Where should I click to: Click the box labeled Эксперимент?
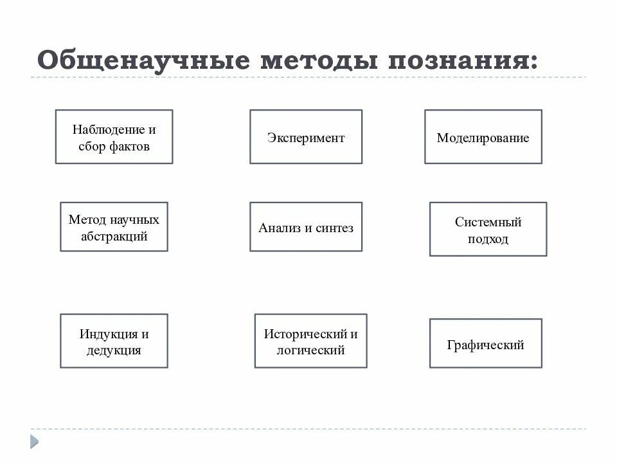[x=306, y=137]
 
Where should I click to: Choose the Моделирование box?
[x=483, y=137]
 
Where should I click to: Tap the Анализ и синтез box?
[x=306, y=227]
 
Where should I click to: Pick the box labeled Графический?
[x=485, y=344]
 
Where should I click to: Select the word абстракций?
[x=114, y=236]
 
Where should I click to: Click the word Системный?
[x=488, y=222]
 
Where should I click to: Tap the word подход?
[x=488, y=239]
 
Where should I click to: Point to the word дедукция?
[x=114, y=350]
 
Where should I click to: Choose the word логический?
[x=310, y=350]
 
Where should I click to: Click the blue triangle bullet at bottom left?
[x=34, y=442]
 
